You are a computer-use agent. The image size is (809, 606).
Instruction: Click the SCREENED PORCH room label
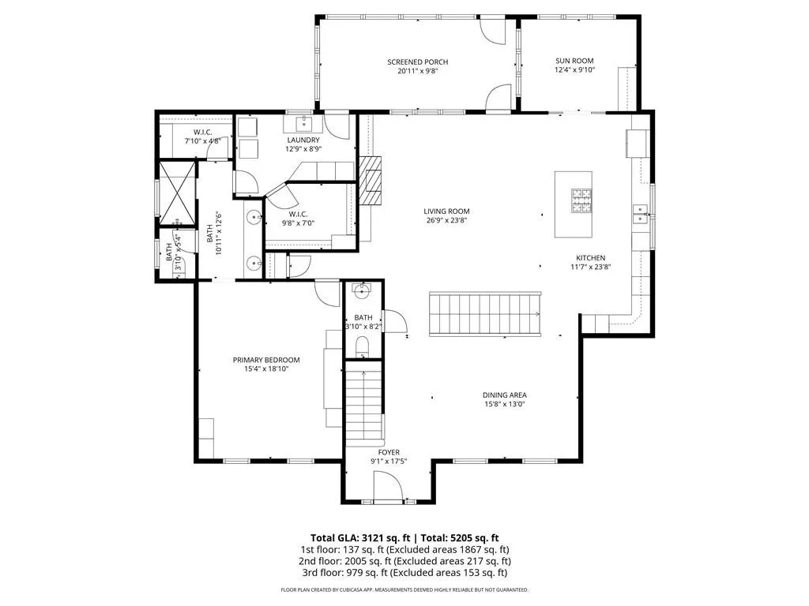(x=417, y=62)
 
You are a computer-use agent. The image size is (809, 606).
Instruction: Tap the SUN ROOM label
(x=574, y=60)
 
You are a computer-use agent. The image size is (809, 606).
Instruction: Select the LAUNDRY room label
(x=303, y=140)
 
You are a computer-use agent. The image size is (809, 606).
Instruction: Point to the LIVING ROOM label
(x=446, y=211)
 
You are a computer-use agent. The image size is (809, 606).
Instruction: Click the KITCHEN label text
(x=591, y=258)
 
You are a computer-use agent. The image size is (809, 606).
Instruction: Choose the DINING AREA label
(x=505, y=395)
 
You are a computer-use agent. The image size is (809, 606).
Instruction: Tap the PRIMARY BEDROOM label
(x=266, y=360)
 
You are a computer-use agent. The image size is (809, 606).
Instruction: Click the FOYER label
(x=389, y=452)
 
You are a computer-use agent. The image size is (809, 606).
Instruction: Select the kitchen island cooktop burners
(x=581, y=201)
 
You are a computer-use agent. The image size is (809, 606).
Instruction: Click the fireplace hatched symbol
(x=371, y=181)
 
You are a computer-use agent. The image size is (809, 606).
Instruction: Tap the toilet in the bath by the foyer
(x=362, y=346)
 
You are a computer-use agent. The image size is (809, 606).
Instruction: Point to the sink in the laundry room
(x=303, y=123)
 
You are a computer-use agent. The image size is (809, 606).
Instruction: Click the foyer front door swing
(x=388, y=486)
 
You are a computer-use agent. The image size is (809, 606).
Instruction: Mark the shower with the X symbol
(x=177, y=193)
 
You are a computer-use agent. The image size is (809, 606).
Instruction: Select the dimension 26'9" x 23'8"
(x=446, y=220)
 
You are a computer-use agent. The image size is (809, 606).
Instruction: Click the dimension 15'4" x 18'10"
(x=266, y=369)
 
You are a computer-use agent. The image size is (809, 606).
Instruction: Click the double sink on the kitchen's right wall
(x=640, y=214)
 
